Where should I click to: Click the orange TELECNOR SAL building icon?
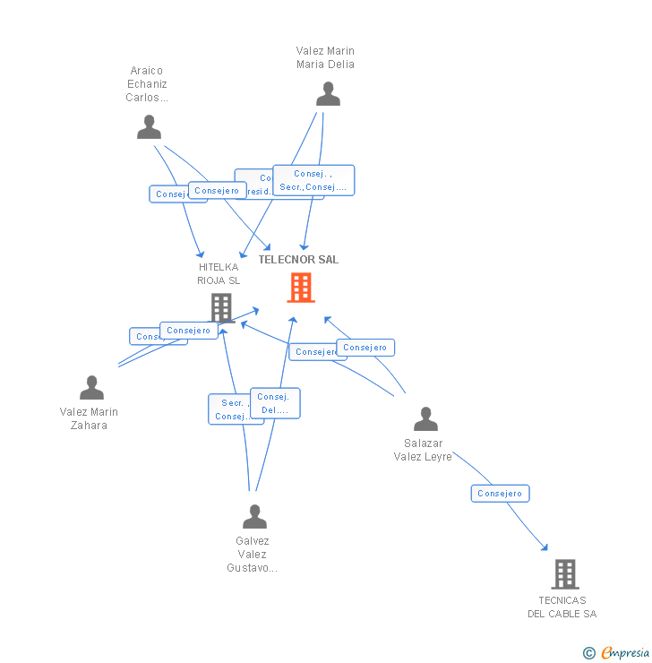pos(300,288)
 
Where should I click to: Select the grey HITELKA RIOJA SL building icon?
pos(221,307)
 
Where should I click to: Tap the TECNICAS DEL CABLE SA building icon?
pos(564,574)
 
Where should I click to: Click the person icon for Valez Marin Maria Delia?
pos(328,94)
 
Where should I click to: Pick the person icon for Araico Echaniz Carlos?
pos(149,127)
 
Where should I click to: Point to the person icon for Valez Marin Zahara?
pos(91,388)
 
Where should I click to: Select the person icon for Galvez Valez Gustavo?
pos(254,517)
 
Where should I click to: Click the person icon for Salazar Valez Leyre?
pos(425,419)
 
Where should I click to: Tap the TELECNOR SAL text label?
pos(298,260)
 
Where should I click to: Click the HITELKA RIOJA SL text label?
pos(219,273)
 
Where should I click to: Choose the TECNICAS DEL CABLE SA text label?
pos(562,607)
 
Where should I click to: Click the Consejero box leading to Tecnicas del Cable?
pos(500,494)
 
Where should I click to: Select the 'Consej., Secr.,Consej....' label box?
pos(313,180)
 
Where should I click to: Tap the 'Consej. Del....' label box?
pos(276,403)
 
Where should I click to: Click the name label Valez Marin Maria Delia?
pos(325,57)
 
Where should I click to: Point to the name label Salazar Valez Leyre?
pos(423,450)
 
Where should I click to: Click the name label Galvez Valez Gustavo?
pos(252,554)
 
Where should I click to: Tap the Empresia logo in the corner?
pos(615,653)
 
